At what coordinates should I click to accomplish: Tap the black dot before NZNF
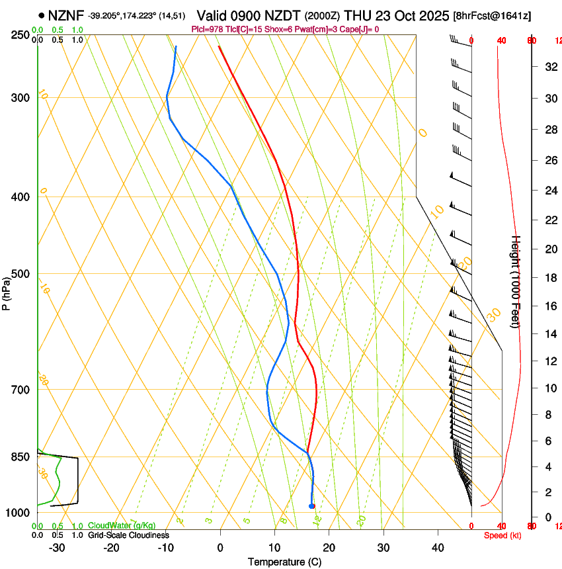tap(42, 15)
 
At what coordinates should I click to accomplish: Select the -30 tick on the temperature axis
tap(56, 547)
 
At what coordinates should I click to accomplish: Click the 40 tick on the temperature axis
tap(437, 547)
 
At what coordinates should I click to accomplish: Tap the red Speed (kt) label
tap(502, 535)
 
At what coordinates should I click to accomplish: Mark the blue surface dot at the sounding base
tap(311, 506)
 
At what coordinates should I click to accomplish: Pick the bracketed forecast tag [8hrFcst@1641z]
tap(492, 15)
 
